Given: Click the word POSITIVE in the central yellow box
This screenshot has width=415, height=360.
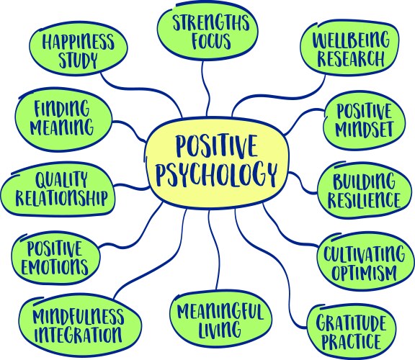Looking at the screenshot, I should (x=216, y=145).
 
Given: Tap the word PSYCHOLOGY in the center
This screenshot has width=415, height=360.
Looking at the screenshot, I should (x=216, y=173).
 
